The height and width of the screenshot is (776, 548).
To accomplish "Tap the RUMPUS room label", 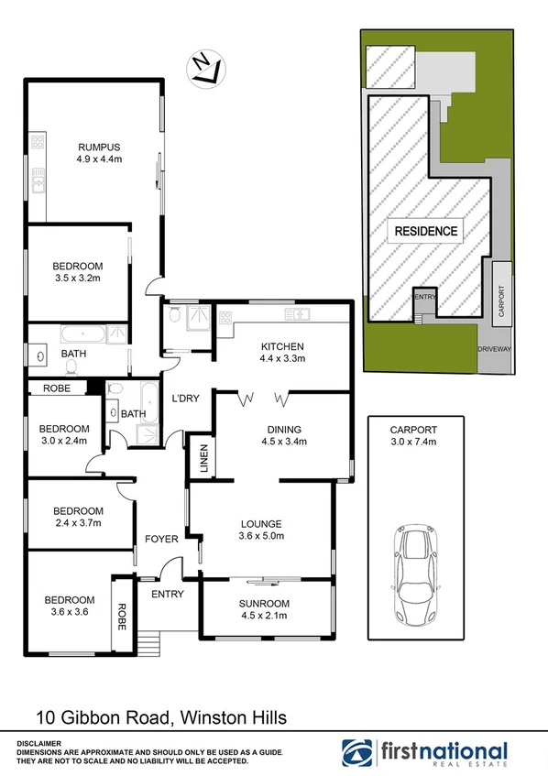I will (100, 153).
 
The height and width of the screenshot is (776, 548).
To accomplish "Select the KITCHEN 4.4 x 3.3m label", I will (282, 353).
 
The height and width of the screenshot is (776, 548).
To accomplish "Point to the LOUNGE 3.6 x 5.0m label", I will (261, 530).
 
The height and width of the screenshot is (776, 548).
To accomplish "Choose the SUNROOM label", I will (264, 609).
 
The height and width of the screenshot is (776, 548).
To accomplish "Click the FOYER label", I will (149, 539).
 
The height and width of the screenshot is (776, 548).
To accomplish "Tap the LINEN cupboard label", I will (203, 460).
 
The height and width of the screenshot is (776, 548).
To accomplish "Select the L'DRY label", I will (186, 398).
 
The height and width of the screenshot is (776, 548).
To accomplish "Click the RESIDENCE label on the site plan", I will (426, 231).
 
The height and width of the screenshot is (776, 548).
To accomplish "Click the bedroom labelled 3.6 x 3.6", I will (70, 607).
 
